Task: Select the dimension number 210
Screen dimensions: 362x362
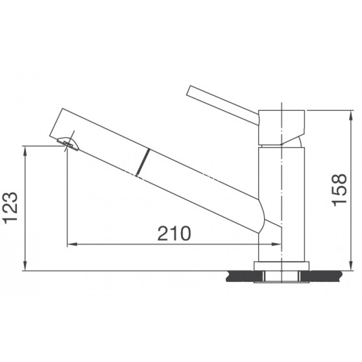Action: (x=174, y=234)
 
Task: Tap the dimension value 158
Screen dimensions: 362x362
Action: (x=340, y=190)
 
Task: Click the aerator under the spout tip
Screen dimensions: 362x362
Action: (x=67, y=144)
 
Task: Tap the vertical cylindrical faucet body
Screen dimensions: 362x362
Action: (x=281, y=203)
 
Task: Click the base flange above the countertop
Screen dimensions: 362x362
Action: (x=281, y=266)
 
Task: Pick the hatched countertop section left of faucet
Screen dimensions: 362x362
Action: (x=241, y=277)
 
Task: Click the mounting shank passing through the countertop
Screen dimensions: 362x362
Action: (x=281, y=277)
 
